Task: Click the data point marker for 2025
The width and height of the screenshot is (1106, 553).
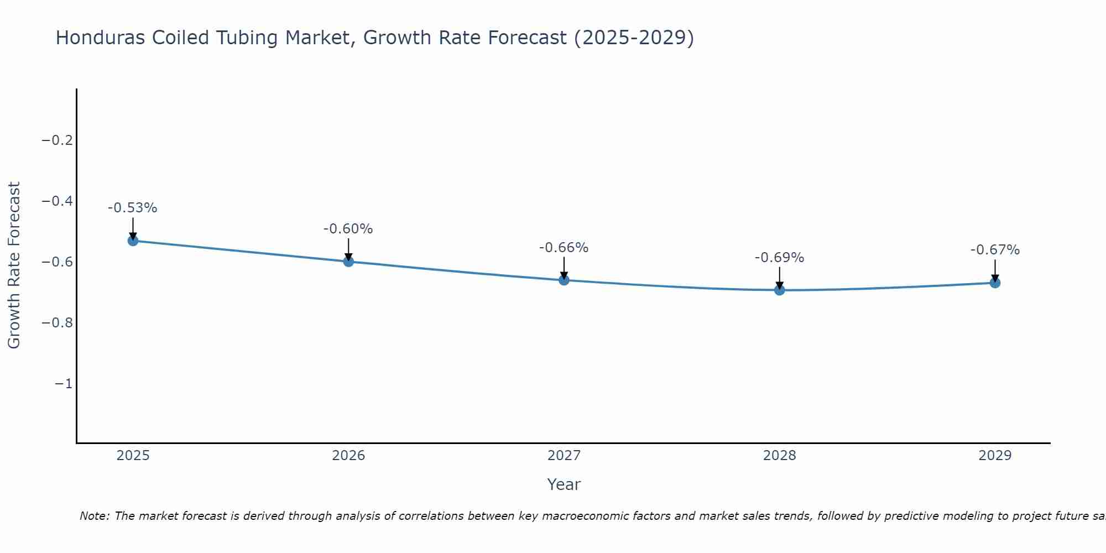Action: click(x=133, y=241)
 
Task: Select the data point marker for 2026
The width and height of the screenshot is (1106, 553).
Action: click(x=348, y=262)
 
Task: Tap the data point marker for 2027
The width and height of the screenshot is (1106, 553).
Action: click(x=564, y=280)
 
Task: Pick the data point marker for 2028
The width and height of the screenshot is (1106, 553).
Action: click(x=780, y=290)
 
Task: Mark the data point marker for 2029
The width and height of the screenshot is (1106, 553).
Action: click(x=995, y=283)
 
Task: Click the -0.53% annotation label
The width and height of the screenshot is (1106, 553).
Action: click(x=133, y=208)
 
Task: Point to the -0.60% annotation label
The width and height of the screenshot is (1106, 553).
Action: click(x=348, y=229)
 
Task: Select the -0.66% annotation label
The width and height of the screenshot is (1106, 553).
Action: click(x=564, y=248)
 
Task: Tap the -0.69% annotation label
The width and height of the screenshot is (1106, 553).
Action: click(x=780, y=258)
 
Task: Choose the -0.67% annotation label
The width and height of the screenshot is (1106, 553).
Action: click(x=995, y=250)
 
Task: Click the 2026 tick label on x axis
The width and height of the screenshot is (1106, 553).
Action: click(x=348, y=456)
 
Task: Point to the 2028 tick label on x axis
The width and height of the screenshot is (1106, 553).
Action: click(x=780, y=456)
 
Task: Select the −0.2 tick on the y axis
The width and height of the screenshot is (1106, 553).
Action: click(x=58, y=140)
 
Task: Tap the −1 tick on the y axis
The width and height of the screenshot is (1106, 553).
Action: click(x=64, y=384)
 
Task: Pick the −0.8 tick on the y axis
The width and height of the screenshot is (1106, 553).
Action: click(x=58, y=323)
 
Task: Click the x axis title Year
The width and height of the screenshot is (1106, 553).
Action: click(x=564, y=485)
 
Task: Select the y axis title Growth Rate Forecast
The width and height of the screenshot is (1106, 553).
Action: click(x=14, y=265)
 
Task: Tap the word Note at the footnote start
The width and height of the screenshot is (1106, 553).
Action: click(x=93, y=516)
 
